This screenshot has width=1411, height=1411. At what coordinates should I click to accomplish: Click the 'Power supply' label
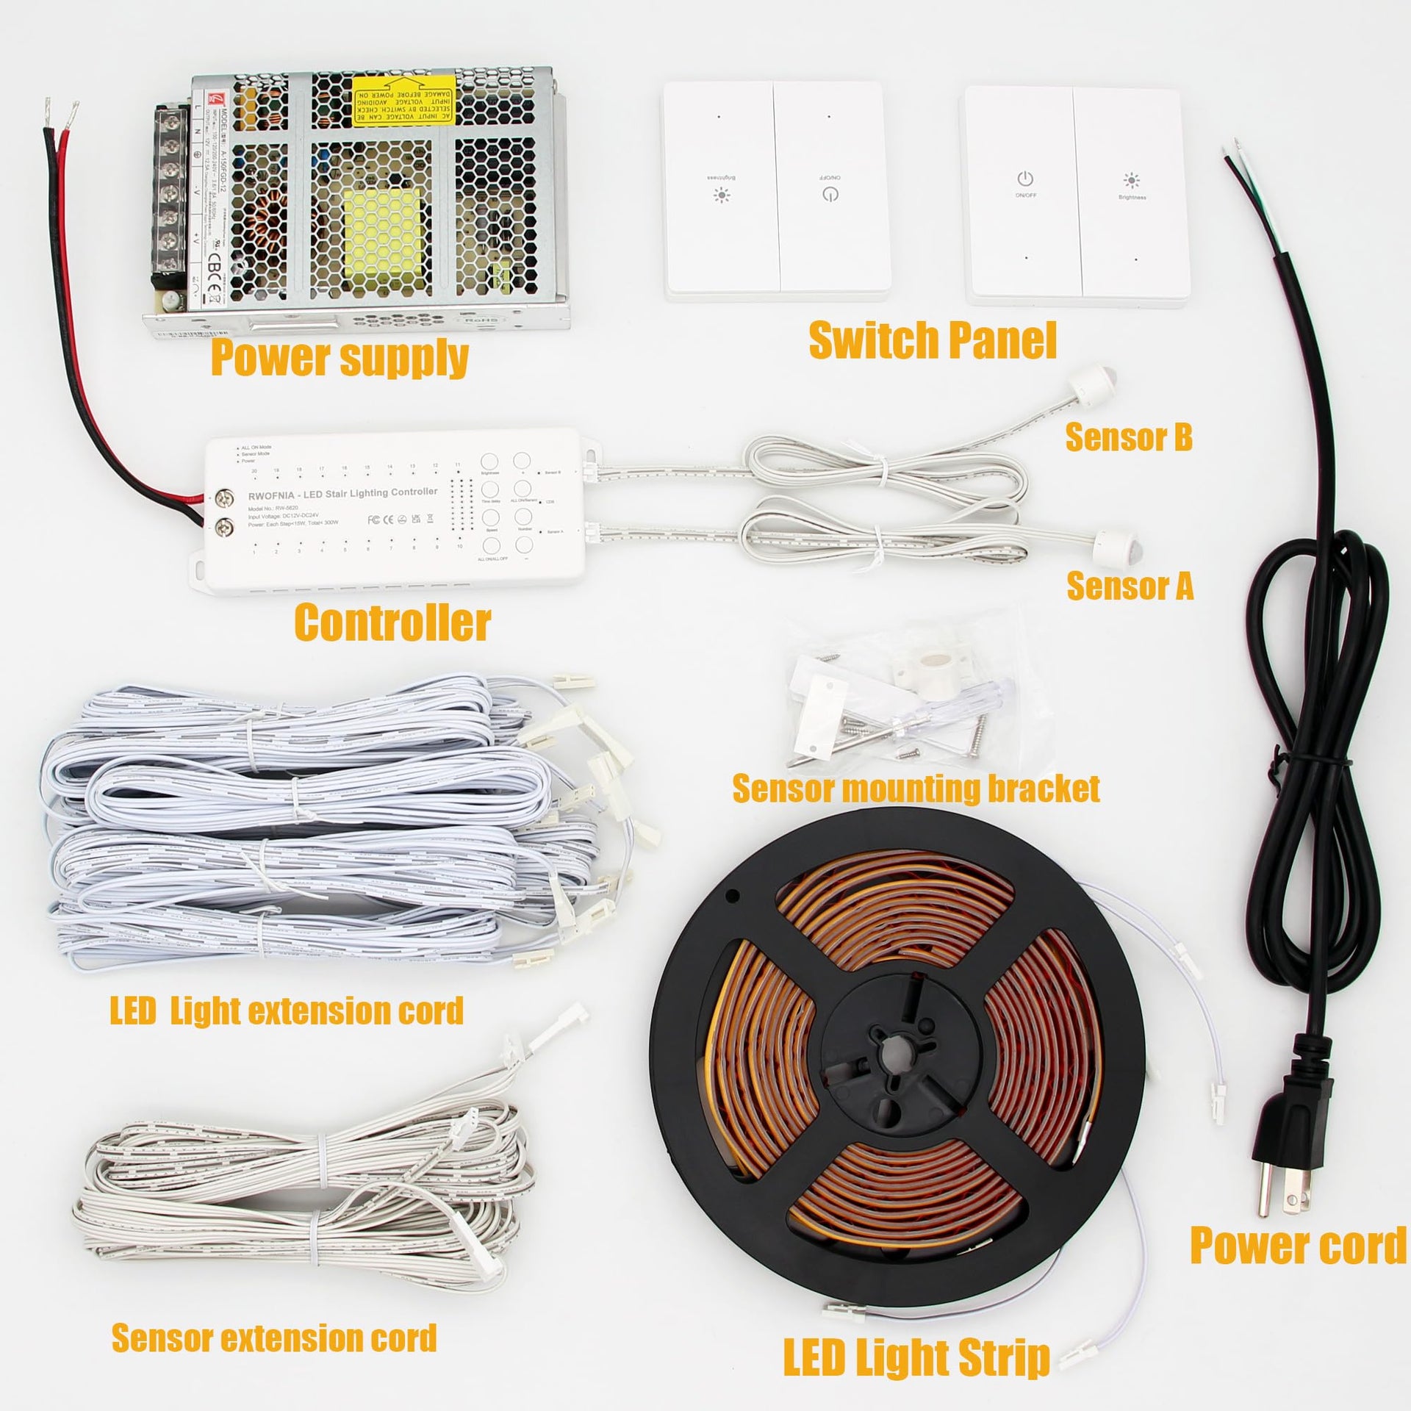coord(340,358)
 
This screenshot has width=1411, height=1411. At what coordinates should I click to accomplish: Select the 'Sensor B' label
coord(1129,437)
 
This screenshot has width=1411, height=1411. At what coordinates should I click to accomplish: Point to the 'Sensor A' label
coord(1130,586)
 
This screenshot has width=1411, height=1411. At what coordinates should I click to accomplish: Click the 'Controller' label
coord(392,622)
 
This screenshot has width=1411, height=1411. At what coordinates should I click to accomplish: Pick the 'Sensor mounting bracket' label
coord(916,789)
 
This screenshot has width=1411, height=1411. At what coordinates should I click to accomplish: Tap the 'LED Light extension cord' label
coord(287,1011)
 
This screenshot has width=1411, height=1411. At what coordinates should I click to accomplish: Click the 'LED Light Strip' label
coord(916,1357)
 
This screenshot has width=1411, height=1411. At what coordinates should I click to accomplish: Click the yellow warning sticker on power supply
coord(403,107)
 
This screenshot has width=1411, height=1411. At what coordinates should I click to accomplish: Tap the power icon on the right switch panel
coord(1026,179)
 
